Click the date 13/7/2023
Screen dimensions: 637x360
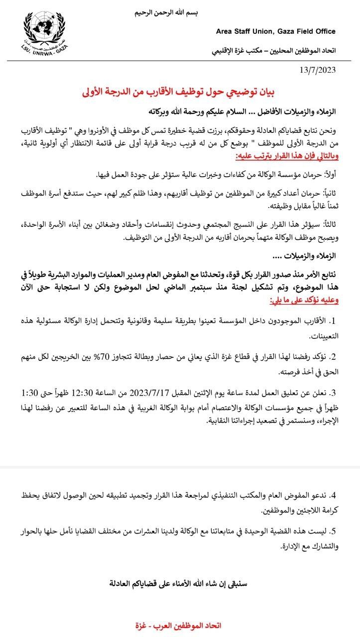[317, 70]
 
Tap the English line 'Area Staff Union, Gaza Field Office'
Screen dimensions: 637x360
[275, 31]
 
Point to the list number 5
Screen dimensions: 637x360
[334, 531]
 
